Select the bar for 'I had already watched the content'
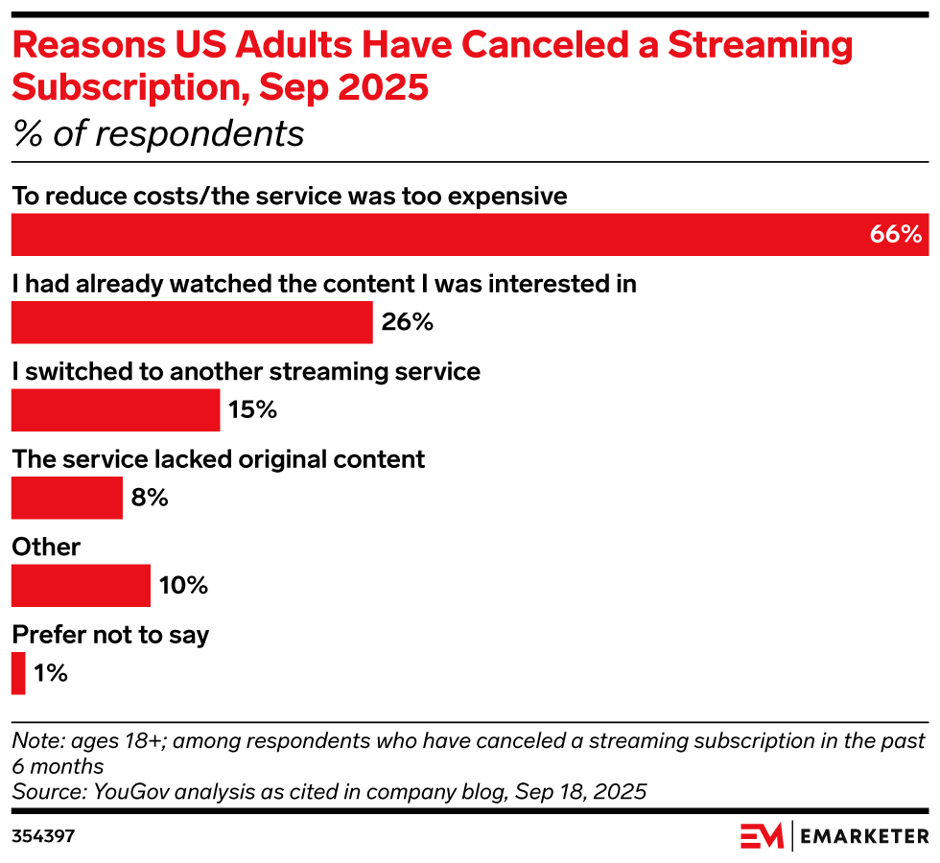[192, 322]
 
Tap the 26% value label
[408, 322]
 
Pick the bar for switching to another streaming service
[115, 410]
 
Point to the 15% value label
[252, 410]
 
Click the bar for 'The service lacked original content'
[67, 498]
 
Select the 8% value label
[150, 498]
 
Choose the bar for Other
[81, 585]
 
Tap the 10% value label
[183, 585]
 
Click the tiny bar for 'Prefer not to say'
[18, 673]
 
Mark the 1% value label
[50, 673]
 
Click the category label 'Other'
[46, 547]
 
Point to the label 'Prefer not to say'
[110, 634]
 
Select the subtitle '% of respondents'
[157, 134]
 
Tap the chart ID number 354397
[43, 836]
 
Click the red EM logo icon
[762, 836]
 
